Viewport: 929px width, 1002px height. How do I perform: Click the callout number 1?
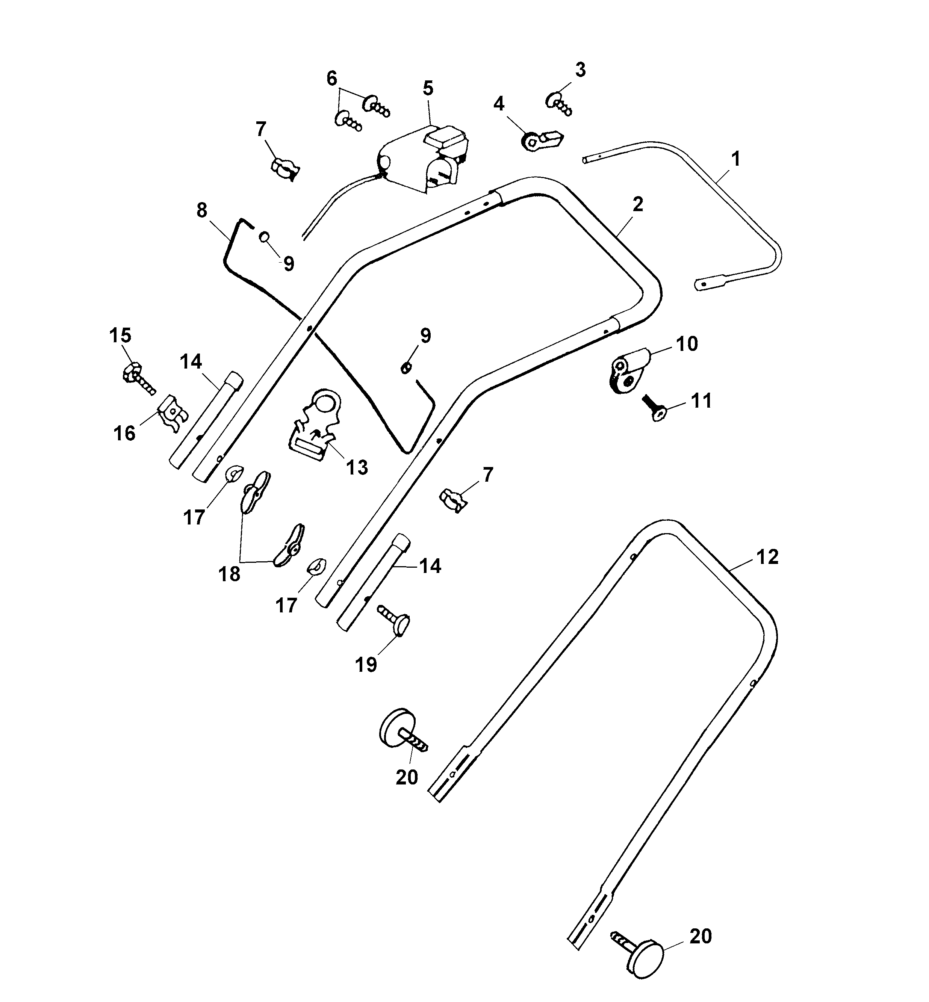735,159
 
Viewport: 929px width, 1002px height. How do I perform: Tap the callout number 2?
637,204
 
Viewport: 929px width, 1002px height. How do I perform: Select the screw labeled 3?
558,104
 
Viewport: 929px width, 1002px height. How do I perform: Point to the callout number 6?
332,79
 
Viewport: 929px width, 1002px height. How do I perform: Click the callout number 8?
201,210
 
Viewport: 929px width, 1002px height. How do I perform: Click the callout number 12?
767,556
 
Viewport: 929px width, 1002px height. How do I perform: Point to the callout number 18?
229,574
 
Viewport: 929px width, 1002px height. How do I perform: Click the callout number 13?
357,467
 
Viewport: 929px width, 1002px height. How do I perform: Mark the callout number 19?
366,665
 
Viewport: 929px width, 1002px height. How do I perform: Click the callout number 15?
120,335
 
